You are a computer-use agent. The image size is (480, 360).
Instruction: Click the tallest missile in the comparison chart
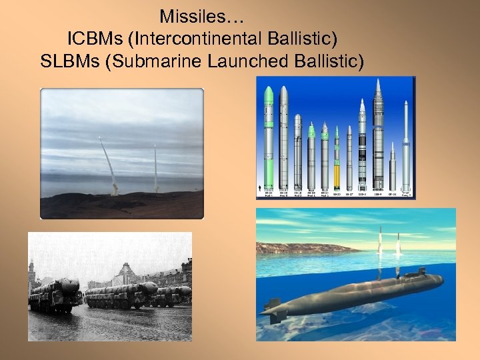click(378, 133)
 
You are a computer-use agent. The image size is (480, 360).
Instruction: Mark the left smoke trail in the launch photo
click(109, 163)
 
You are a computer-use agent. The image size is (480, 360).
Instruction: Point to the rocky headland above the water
click(300, 248)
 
